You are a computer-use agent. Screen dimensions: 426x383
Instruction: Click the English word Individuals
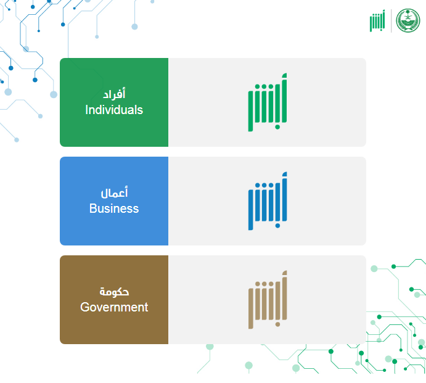tap(114, 110)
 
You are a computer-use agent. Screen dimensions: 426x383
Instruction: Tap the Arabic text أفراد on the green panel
tap(114, 94)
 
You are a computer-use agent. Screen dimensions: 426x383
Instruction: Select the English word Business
tap(114, 208)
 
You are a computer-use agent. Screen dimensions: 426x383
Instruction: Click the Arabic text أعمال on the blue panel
tap(114, 192)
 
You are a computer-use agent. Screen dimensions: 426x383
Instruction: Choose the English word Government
tap(114, 307)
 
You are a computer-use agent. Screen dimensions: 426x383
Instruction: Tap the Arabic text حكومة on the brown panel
tap(114, 292)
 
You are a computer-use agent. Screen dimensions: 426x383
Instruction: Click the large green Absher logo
tap(268, 102)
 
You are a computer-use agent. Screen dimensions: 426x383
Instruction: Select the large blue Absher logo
tap(268, 201)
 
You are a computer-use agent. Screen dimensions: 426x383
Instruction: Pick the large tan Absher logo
tap(268, 300)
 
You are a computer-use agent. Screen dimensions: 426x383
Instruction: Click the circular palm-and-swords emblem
tap(408, 20)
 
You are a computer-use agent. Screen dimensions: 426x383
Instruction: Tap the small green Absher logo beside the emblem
tap(377, 21)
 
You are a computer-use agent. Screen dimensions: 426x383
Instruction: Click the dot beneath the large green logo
tap(277, 127)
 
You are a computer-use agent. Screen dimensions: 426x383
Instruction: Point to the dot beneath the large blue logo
tap(277, 226)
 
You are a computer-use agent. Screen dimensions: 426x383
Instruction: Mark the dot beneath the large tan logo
tap(277, 324)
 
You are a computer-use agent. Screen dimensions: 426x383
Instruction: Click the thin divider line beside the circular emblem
tap(391, 20)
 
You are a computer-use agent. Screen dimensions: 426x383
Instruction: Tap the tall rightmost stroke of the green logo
tap(284, 98)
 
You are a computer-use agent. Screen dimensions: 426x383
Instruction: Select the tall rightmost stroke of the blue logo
tap(284, 197)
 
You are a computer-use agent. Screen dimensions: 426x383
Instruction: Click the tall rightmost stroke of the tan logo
tap(284, 295)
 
